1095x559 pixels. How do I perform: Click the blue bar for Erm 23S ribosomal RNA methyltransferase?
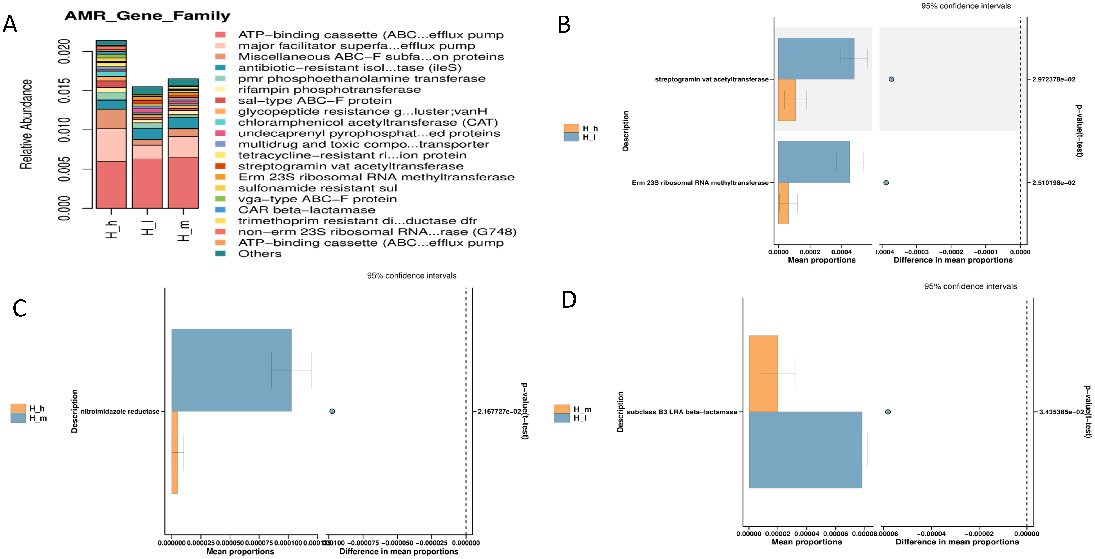coord(814,162)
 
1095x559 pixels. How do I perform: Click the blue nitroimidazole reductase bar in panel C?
coord(231,370)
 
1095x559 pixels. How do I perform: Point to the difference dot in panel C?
coord(332,411)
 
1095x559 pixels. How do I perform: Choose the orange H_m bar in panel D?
coord(763,373)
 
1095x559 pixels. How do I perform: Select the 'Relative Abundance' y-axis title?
coord(26,124)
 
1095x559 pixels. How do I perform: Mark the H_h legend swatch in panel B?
coord(571,128)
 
